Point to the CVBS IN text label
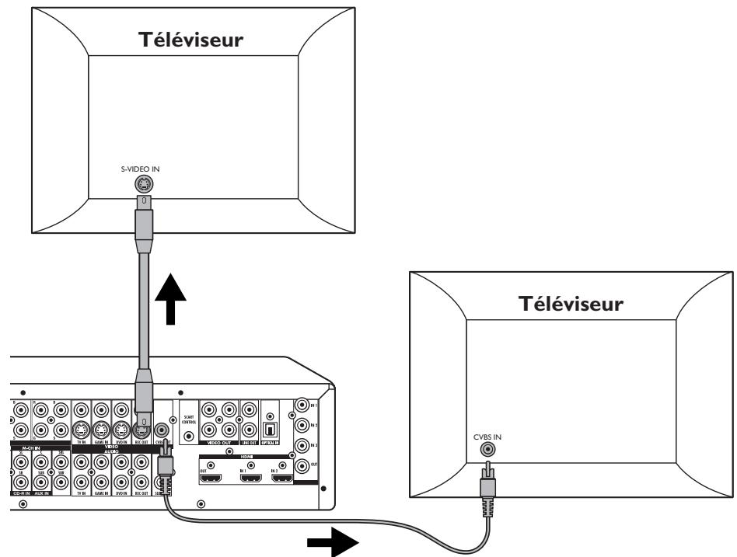pos(488,437)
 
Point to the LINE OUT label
pos(249,442)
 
